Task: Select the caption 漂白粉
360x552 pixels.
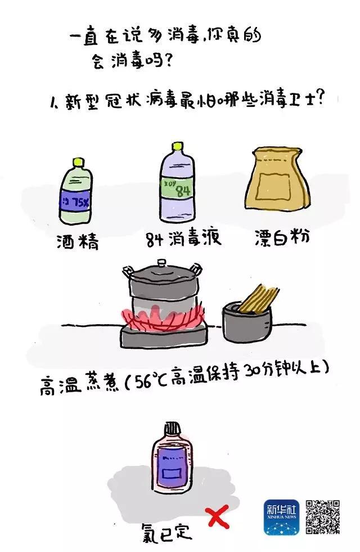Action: tap(282, 238)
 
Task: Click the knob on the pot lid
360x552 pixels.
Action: tap(161, 262)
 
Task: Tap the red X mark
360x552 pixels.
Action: tap(217, 516)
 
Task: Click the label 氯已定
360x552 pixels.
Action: tap(169, 530)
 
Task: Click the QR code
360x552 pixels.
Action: tap(323, 516)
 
